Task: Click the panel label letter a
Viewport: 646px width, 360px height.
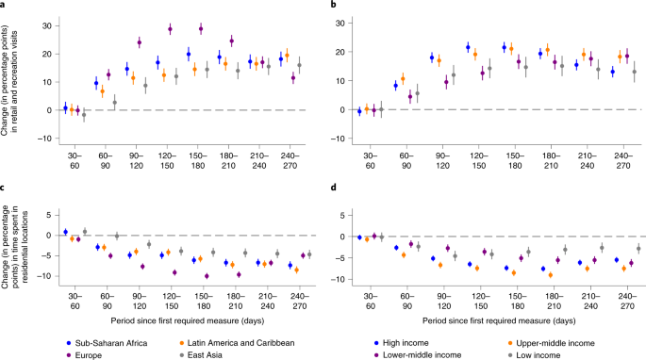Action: [x=4, y=7]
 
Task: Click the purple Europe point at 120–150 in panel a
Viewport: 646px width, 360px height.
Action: [x=170, y=29]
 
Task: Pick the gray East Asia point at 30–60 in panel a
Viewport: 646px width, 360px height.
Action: [x=83, y=114]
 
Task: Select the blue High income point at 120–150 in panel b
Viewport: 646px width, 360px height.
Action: [x=468, y=47]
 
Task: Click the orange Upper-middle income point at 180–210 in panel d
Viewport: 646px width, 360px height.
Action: [x=550, y=274]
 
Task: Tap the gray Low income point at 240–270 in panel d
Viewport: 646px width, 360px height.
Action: [x=638, y=248]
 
